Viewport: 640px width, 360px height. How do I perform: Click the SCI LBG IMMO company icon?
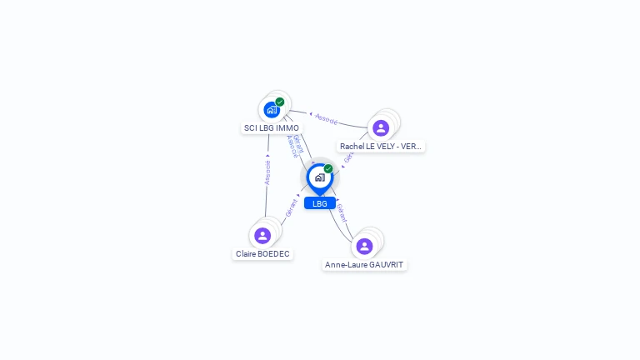tap(272, 109)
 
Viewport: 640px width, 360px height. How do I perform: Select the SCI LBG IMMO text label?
tap(271, 128)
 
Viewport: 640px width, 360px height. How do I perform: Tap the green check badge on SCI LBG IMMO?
tap(280, 102)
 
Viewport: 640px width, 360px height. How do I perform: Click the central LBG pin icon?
tap(319, 177)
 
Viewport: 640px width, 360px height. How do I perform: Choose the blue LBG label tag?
tap(320, 203)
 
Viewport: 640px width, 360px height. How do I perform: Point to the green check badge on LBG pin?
tap(328, 168)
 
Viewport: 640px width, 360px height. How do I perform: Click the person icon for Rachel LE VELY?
tap(381, 127)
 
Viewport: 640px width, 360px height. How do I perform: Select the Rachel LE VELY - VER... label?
tap(381, 147)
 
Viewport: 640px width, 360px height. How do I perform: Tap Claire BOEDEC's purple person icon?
tap(262, 236)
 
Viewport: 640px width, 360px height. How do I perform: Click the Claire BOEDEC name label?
tap(263, 254)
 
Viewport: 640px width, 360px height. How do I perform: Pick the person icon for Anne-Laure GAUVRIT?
tap(364, 246)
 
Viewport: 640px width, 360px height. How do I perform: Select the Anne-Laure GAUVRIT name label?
tap(364, 265)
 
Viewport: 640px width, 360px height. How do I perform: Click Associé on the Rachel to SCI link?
tap(327, 119)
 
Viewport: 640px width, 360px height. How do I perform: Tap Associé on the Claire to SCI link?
tap(267, 172)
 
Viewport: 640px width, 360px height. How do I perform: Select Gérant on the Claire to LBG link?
tap(292, 207)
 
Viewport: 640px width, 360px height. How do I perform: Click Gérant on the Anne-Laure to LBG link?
tap(342, 212)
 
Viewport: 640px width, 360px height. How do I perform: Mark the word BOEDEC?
tap(275, 254)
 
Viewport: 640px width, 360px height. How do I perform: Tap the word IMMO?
tap(287, 128)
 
